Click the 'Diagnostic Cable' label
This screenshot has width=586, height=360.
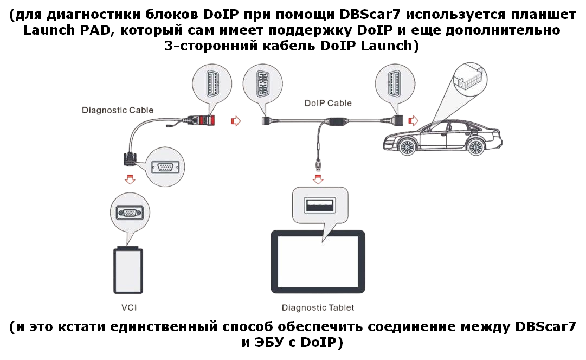pos(118,110)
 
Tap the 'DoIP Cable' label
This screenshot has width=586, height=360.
pos(328,103)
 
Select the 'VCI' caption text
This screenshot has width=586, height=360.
pos(129,307)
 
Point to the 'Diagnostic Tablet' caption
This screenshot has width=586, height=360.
pos(318,307)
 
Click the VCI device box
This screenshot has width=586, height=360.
pos(128,270)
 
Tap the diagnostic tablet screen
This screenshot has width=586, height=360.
pos(318,262)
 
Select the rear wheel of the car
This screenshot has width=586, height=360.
pos(476,146)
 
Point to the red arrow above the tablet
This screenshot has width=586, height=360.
pos(318,179)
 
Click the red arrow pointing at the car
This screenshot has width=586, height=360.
pos(413,121)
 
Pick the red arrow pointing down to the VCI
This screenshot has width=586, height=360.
pos(130,179)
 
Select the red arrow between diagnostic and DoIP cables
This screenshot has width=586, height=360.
pos(236,121)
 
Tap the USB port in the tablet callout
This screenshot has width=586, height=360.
pos(319,205)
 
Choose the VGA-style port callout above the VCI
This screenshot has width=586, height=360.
pos(130,213)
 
